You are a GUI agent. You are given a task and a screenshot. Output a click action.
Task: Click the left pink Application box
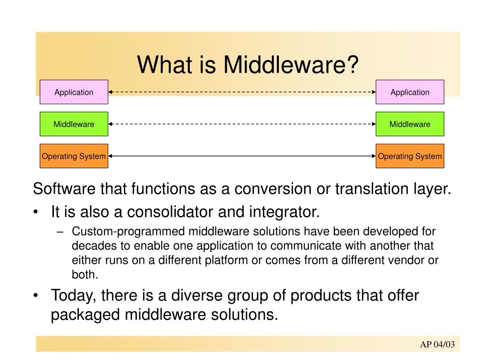pyautogui.click(x=74, y=92)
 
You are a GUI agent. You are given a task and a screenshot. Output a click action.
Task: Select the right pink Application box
pyautogui.click(x=410, y=92)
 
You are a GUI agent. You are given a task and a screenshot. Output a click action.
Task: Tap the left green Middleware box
pyautogui.click(x=74, y=124)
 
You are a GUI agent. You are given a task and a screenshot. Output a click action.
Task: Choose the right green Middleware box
pyautogui.click(x=410, y=124)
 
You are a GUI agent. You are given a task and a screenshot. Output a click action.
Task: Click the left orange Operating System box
pyautogui.click(x=74, y=156)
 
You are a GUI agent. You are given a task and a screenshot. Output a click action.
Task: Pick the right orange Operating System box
pyautogui.click(x=410, y=156)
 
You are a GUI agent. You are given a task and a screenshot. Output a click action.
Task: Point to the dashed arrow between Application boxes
pyautogui.click(x=242, y=92)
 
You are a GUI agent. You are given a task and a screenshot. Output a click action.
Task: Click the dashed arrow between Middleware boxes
pyautogui.click(x=242, y=124)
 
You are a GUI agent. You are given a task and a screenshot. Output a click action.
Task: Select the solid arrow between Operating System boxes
pyautogui.click(x=242, y=156)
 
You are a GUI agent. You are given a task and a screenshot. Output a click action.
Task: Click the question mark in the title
pyautogui.click(x=352, y=65)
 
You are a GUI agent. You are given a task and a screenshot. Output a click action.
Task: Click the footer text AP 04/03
pyautogui.click(x=437, y=345)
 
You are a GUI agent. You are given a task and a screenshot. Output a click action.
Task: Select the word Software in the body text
pyautogui.click(x=64, y=188)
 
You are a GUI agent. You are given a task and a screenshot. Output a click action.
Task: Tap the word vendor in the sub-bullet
pyautogui.click(x=405, y=260)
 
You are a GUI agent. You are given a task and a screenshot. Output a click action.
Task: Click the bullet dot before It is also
pyautogui.click(x=36, y=212)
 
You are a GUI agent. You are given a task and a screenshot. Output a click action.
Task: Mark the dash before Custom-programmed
pyautogui.click(x=60, y=232)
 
